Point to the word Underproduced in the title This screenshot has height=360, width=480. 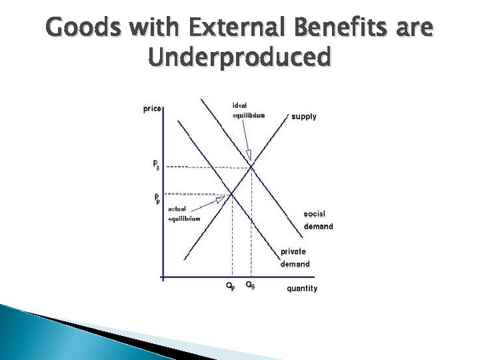240,58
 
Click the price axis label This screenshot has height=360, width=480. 152,109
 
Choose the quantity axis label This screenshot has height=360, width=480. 302,289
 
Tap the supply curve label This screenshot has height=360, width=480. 304,117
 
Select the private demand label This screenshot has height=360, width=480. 294,257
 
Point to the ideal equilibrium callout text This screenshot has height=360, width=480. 248,110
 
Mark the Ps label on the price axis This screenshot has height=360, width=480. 155,164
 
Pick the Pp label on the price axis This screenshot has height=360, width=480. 157,198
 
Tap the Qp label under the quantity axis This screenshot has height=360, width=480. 230,287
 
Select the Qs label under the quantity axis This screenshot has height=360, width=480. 250,286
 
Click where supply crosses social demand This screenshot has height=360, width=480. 251,167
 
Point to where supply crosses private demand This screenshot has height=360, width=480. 231,194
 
